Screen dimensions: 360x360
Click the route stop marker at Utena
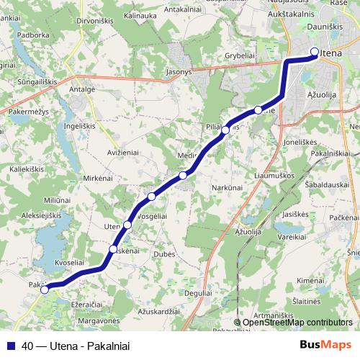point(315,51)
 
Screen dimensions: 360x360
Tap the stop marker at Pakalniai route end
point(45,290)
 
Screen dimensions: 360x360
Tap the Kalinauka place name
point(140,14)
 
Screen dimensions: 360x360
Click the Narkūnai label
point(227,187)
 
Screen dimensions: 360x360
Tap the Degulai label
point(198,293)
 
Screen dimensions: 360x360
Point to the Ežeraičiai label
point(87,305)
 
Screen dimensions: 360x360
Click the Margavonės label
point(99,320)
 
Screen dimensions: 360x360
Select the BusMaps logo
point(327,345)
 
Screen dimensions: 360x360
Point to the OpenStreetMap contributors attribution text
point(297,323)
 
